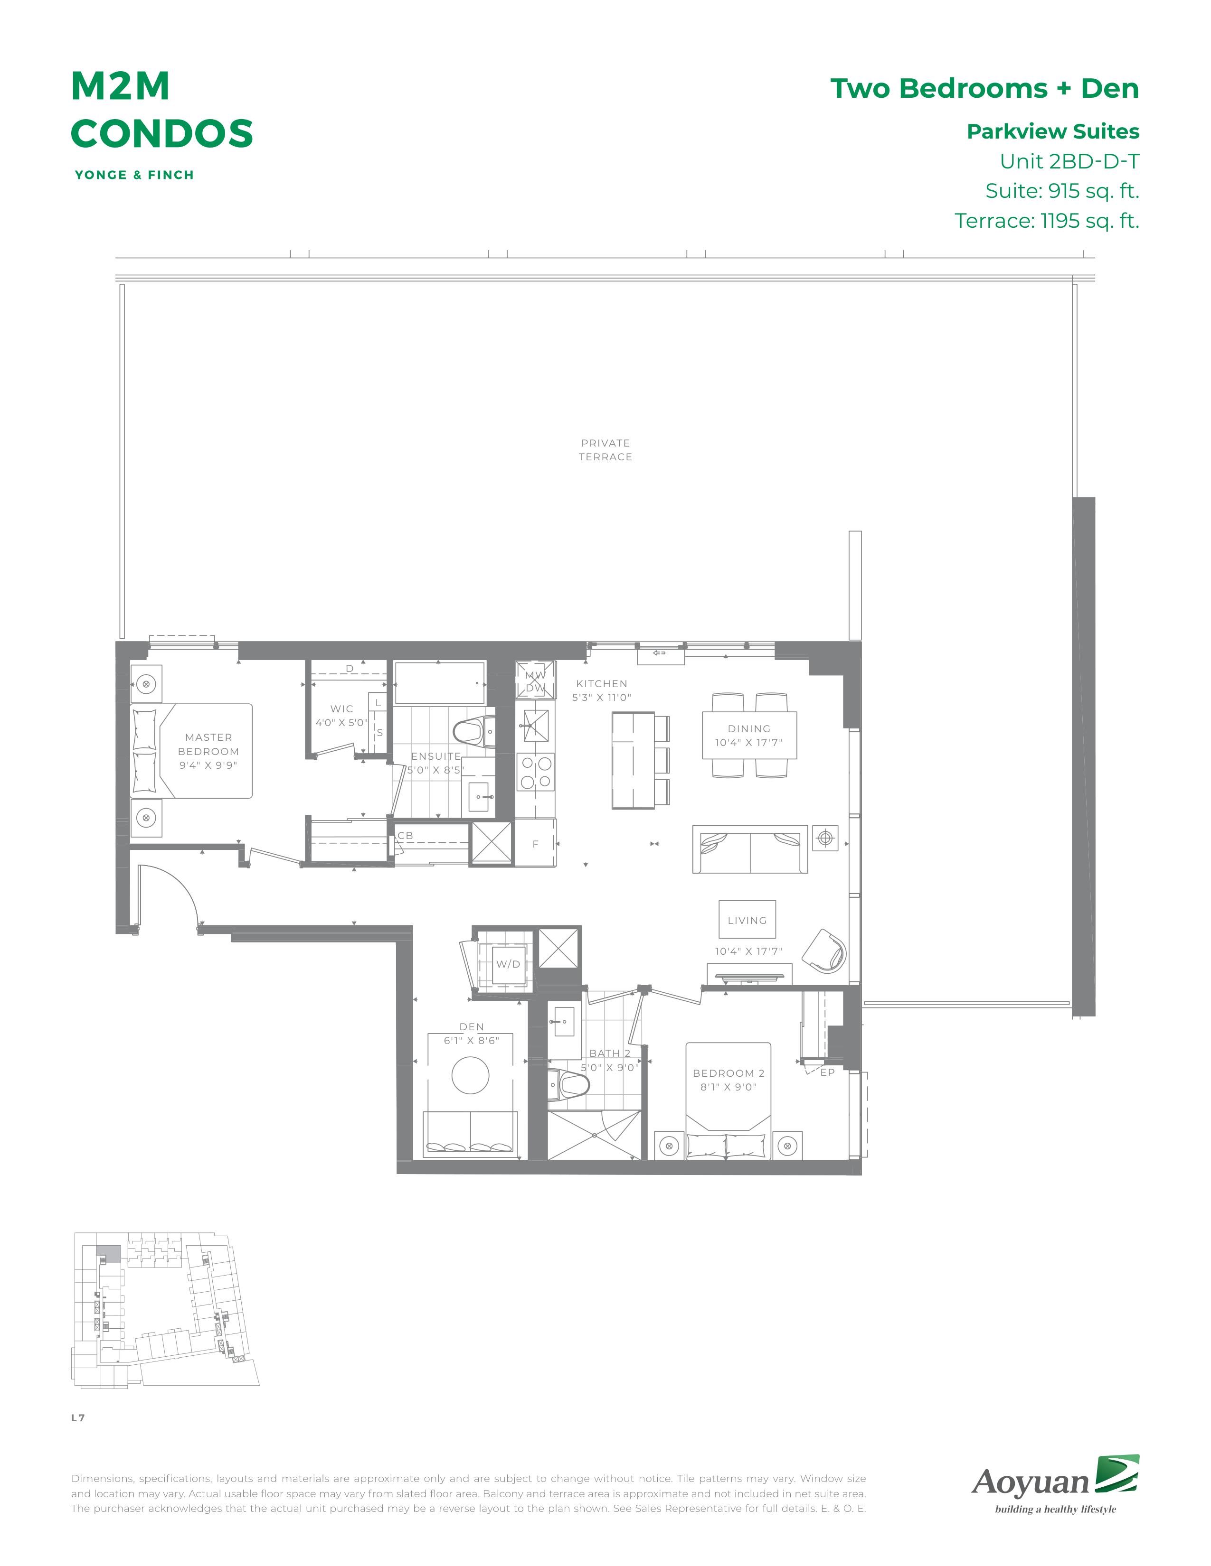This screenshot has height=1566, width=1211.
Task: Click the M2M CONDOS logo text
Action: pos(161,110)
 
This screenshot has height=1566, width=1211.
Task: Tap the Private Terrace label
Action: pos(605,449)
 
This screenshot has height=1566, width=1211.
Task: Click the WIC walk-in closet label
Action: pos(341,708)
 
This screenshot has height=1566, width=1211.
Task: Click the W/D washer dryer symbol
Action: pos(508,964)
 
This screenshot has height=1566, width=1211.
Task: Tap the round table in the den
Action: pos(471,1075)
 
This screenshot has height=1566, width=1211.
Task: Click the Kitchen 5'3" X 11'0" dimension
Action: pos(601,697)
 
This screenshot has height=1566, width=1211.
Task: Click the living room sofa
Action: pos(750,849)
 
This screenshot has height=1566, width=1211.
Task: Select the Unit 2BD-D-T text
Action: pos(1069,161)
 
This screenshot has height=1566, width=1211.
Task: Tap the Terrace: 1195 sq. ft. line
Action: pos(1047,220)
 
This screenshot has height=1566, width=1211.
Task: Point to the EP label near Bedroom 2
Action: pos(827,1072)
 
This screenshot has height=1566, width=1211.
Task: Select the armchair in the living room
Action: pos(824,951)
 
